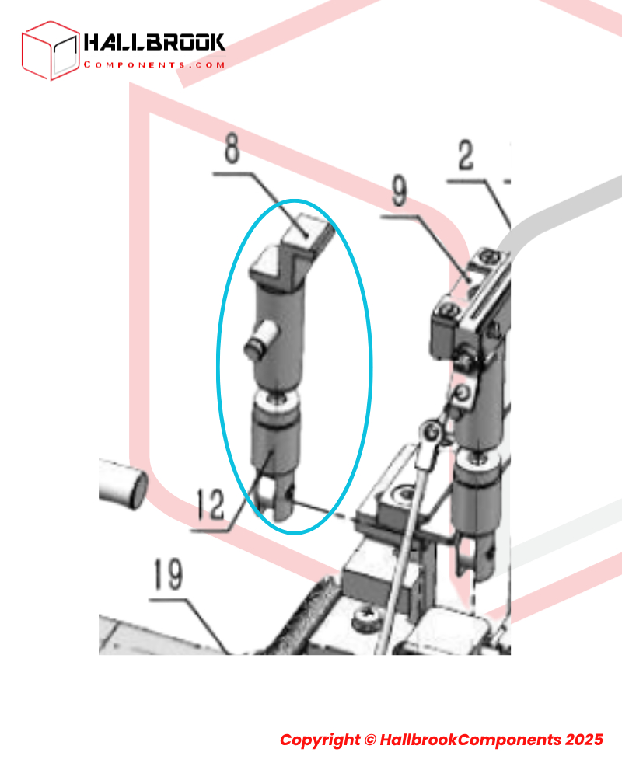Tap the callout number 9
pos(400,190)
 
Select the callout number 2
pos(466,155)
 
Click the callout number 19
pos(169,573)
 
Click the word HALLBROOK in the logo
pos(154,42)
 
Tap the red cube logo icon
pos(50,51)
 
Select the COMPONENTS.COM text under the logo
pos(154,64)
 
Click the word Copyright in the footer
pos(320,740)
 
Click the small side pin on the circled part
pos(260,340)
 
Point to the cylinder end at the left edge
pos(124,485)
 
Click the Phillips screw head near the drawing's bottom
pos(367,617)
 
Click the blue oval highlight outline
pos(217,366)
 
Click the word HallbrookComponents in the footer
pos(470,740)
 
